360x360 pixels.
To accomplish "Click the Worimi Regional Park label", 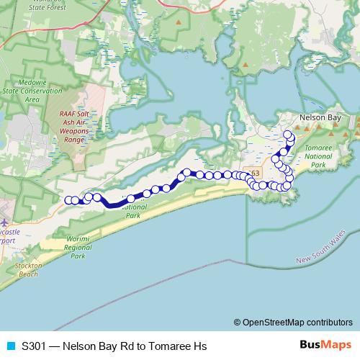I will pos(77,246).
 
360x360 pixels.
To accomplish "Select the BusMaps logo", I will pos(325,345).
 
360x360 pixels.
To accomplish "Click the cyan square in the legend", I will pos(10,345).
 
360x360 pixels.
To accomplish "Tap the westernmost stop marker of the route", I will pos(68,200).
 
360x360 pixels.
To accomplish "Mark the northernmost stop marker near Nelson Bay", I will pos(288,135).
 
